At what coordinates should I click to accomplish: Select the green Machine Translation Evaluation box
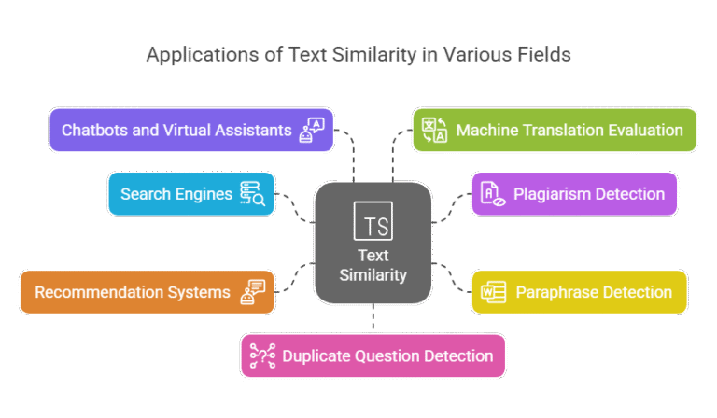(x=555, y=130)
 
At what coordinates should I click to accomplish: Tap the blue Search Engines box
(x=191, y=194)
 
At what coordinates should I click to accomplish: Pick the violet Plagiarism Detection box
(x=572, y=194)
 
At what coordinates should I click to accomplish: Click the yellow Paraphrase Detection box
(x=579, y=292)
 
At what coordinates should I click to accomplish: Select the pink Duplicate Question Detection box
(x=373, y=355)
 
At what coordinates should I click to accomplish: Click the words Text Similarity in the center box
(x=373, y=265)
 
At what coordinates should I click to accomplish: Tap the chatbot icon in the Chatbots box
(x=311, y=130)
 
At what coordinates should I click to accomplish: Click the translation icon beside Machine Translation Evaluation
(x=434, y=130)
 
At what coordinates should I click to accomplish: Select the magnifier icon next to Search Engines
(x=252, y=194)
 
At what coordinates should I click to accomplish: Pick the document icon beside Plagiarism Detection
(x=491, y=194)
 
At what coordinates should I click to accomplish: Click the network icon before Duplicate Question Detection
(x=261, y=355)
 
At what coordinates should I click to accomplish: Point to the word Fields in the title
(x=545, y=55)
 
